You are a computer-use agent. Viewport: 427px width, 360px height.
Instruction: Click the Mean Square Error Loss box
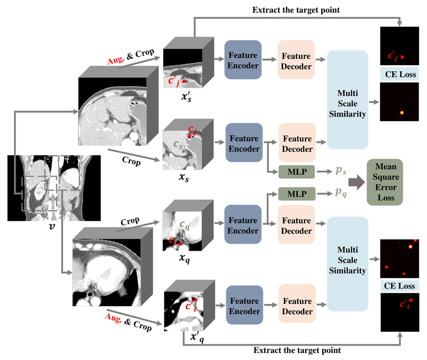click(385, 182)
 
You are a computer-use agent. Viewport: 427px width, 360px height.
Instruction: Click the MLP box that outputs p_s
click(294, 171)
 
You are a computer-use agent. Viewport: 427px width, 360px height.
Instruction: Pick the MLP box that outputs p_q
click(294, 193)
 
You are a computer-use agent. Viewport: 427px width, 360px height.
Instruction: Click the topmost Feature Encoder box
click(243, 60)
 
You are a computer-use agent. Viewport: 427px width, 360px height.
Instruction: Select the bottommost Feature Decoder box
click(296, 305)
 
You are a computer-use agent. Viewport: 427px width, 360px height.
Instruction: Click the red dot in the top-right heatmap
click(404, 57)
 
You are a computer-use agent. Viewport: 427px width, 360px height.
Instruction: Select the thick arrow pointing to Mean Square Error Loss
click(354, 183)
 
